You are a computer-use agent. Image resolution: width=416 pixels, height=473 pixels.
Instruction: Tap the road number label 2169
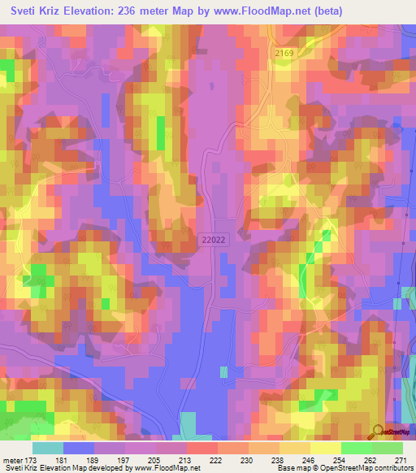[x=284, y=52]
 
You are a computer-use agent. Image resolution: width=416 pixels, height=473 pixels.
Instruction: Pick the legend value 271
[x=401, y=458]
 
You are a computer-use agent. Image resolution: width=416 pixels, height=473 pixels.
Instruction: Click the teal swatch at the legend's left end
[x=48, y=448]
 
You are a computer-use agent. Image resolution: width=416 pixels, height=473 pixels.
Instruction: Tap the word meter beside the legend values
[x=14, y=458]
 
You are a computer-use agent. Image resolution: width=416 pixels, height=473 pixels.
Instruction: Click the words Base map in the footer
[x=291, y=468]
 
